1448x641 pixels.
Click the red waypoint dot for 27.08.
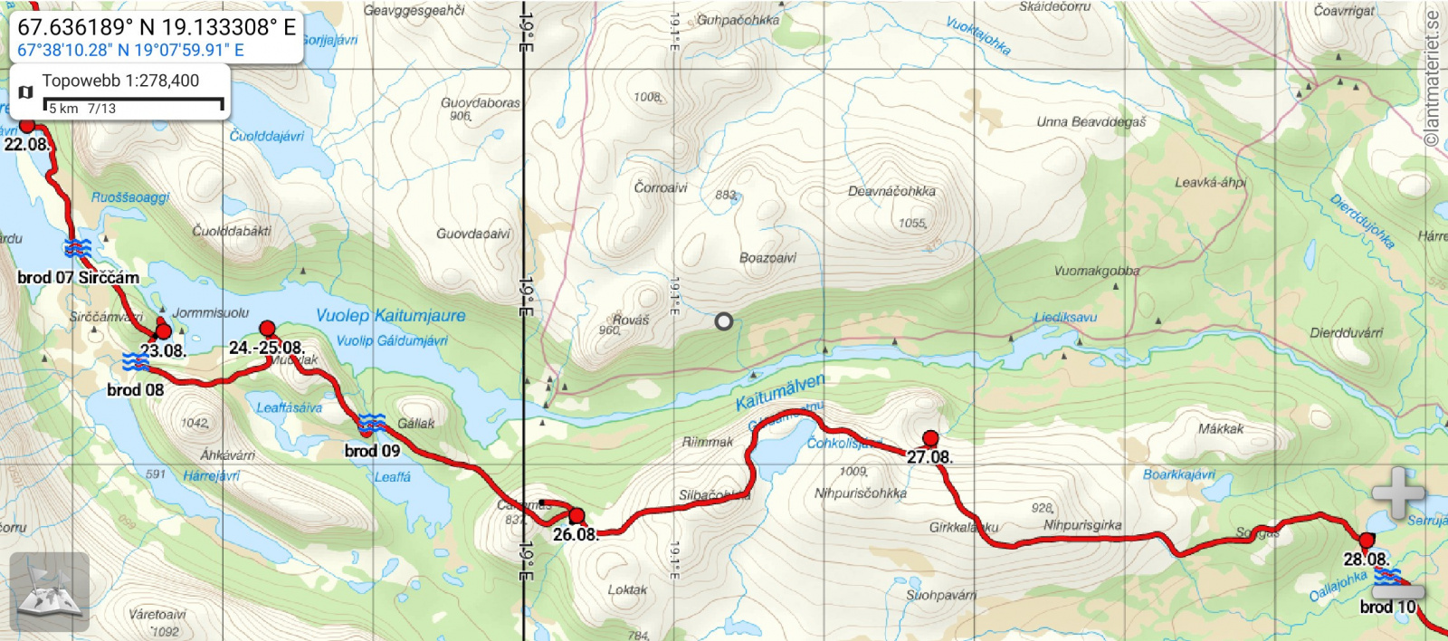[930, 439]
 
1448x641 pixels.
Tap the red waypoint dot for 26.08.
[576, 516]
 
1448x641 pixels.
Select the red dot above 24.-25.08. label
[267, 328]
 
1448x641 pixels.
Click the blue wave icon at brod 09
[371, 423]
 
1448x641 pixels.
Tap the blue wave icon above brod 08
[136, 362]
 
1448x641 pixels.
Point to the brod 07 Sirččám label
[79, 277]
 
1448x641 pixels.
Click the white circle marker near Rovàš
[723, 321]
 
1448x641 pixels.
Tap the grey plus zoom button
[1397, 493]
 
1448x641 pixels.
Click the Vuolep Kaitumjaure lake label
[390, 316]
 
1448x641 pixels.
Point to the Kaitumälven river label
[779, 392]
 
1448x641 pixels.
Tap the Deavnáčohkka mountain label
[891, 191]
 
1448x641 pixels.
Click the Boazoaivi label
[767, 258]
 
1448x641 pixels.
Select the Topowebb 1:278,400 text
[120, 81]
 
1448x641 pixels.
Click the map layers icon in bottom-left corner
[50, 591]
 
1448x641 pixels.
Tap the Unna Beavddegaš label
[1091, 121]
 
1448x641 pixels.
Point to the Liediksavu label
[1065, 317]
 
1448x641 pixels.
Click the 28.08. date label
[1366, 560]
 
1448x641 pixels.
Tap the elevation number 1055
[912, 223]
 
